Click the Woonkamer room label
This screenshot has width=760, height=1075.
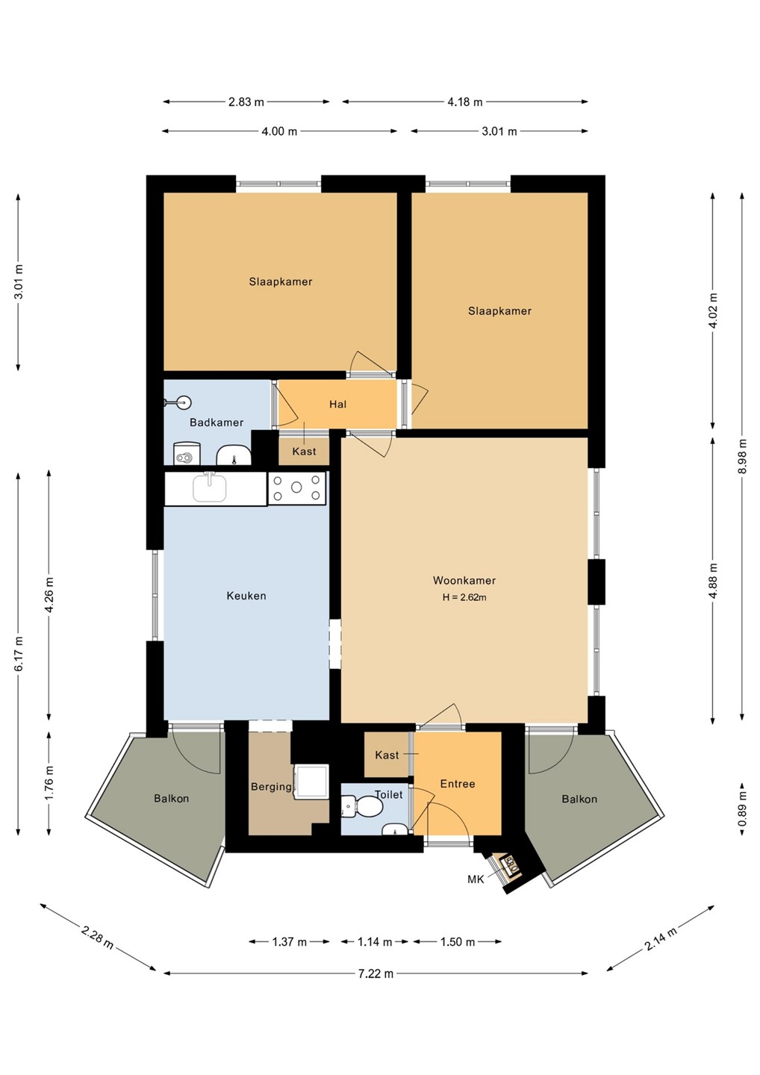pos(464,580)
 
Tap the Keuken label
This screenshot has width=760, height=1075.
pos(246,596)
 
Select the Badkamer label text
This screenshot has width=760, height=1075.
pos(217,423)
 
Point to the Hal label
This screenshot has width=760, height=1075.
pos(337,404)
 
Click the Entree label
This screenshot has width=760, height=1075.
pos(458,784)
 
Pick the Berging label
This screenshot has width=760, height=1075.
pos(271,787)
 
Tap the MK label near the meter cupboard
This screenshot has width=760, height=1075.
pos(476,879)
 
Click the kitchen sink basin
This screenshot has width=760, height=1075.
pos(209,488)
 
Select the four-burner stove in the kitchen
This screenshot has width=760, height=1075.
pos(296,487)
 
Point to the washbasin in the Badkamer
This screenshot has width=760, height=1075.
pos(234,455)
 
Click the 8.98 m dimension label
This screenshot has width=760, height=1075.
pos(742,456)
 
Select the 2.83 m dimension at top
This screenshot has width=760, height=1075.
pos(246,102)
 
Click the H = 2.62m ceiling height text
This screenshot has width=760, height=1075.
pos(464,597)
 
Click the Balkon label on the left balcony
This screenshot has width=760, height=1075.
pos(171,799)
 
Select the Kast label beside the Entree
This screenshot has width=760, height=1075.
pos(387,755)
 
